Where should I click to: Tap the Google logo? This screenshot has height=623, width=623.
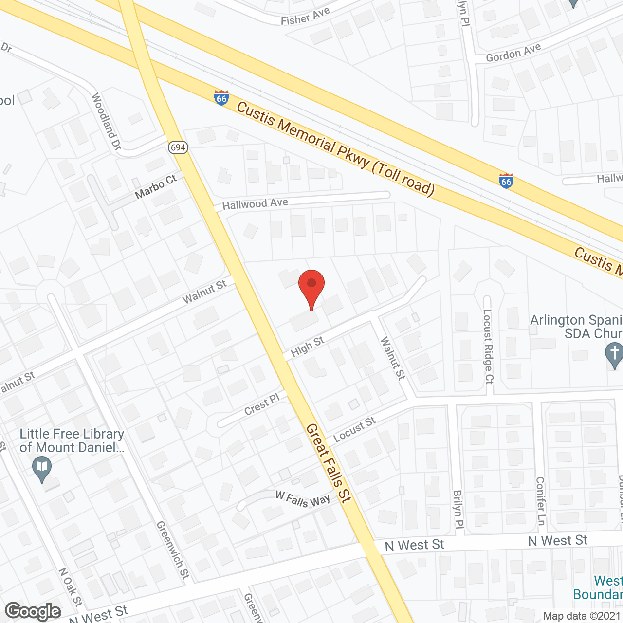pyautogui.click(x=33, y=611)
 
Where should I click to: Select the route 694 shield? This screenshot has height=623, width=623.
pyautogui.click(x=179, y=147)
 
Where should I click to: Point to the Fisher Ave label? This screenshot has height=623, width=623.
pyautogui.click(x=305, y=17)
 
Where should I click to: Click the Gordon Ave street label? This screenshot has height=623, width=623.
pyautogui.click(x=513, y=53)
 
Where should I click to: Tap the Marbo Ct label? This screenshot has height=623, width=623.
pyautogui.click(x=156, y=187)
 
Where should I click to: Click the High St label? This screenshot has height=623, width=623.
pyautogui.click(x=307, y=347)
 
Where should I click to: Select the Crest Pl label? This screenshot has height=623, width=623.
pyautogui.click(x=262, y=404)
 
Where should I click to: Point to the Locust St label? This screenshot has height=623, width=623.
pyautogui.click(x=354, y=430)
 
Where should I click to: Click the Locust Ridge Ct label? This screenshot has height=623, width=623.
pyautogui.click(x=488, y=347)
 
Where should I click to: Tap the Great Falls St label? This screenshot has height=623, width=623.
pyautogui.click(x=329, y=463)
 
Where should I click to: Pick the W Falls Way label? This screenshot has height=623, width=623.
pyautogui.click(x=303, y=499)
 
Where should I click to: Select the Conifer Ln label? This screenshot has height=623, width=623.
pyautogui.click(x=540, y=501)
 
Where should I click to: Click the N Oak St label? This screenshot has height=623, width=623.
pyautogui.click(x=70, y=587)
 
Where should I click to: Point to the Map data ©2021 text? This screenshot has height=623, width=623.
pyautogui.click(x=582, y=616)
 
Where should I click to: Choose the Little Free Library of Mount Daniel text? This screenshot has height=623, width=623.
pyautogui.click(x=72, y=440)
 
